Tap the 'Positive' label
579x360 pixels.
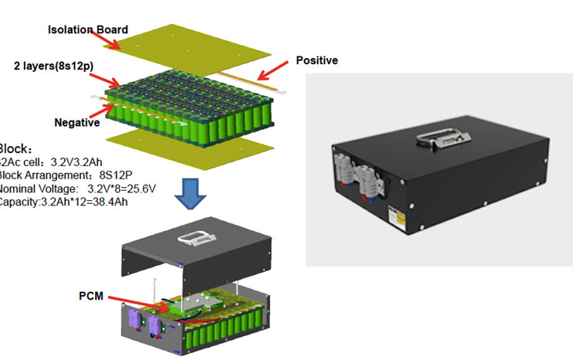[x=317, y=60]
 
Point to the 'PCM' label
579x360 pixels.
[x=91, y=296]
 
